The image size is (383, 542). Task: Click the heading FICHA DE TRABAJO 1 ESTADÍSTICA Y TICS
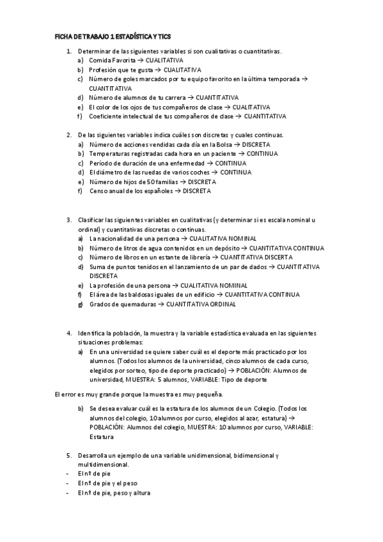[113, 37]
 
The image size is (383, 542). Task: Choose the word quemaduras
[140, 304]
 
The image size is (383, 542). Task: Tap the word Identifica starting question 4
[92, 333]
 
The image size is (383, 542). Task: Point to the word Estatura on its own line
[102, 437]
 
